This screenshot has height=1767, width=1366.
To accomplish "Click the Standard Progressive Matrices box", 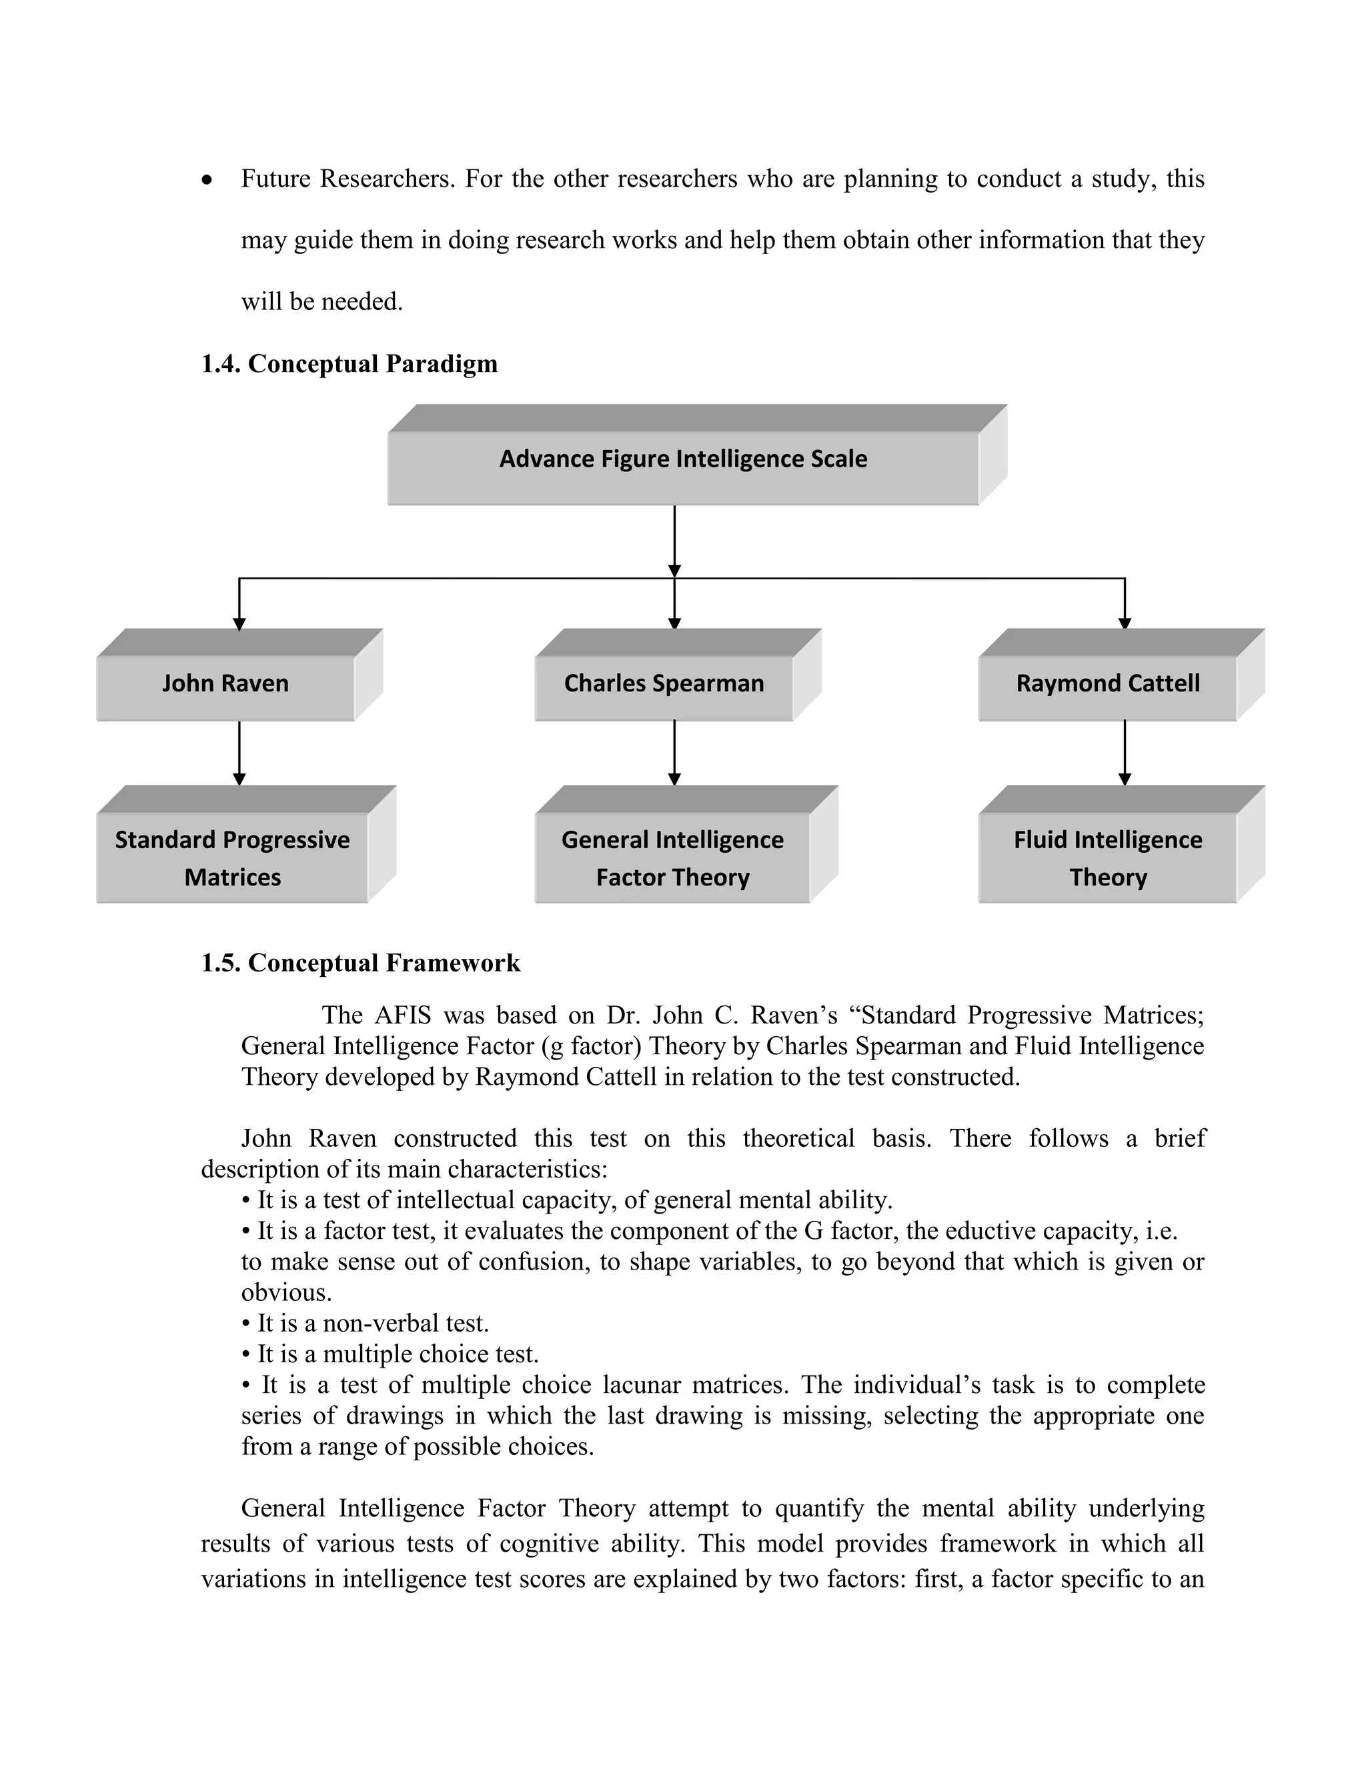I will (x=232, y=857).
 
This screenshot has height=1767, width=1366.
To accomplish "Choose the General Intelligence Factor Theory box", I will (x=672, y=857).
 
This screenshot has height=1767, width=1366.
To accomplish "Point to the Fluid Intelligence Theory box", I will (x=1107, y=857).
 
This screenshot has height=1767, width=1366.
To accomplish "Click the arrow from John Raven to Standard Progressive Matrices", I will (x=239, y=752).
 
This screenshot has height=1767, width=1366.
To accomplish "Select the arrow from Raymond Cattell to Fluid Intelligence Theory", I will (x=1124, y=752).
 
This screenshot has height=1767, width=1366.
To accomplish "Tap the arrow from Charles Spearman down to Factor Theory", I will (x=674, y=752).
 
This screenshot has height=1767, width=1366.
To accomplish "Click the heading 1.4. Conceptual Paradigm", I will (x=349, y=363).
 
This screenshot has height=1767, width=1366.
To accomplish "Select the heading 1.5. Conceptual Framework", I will (x=360, y=963).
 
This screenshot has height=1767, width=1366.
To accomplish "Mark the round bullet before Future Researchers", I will (x=208, y=181).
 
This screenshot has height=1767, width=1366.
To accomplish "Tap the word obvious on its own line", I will (x=284, y=1292).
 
